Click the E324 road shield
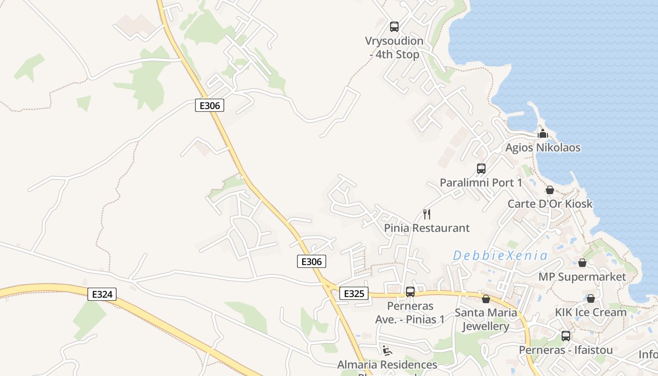click(102, 294)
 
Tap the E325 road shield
click(353, 293)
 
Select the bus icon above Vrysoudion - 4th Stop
click(394, 27)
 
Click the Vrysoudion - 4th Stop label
click(394, 48)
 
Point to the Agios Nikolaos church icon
click(543, 133)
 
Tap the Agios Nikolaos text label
click(543, 148)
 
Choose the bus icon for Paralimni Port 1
click(481, 168)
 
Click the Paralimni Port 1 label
click(481, 182)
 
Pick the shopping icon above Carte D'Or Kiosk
click(549, 190)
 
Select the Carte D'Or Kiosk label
click(550, 204)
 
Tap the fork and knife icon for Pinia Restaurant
click(427, 214)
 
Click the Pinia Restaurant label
click(427, 228)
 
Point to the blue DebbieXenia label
click(500, 256)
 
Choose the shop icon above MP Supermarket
click(582, 263)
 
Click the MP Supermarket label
click(582, 277)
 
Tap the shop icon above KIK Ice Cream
click(590, 298)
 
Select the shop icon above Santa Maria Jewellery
click(486, 299)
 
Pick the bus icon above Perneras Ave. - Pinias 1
click(410, 291)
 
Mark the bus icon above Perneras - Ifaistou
click(566, 336)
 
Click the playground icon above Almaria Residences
click(387, 350)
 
